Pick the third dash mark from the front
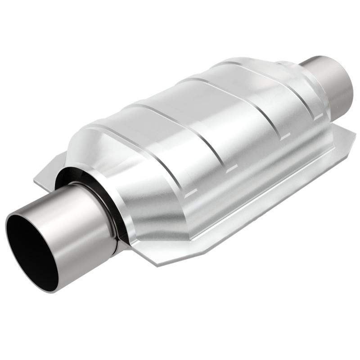pyautogui.click(x=283, y=138)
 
